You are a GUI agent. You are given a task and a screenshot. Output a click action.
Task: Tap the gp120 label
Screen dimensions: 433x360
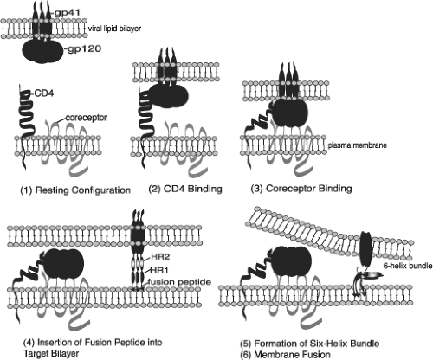click(x=84, y=48)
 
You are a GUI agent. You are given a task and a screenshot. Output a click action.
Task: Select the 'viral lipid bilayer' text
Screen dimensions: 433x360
click(x=114, y=29)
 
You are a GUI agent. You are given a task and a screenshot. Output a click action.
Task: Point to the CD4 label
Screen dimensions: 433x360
click(x=43, y=93)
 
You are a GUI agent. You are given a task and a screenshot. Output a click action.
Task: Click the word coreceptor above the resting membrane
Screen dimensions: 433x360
click(x=86, y=118)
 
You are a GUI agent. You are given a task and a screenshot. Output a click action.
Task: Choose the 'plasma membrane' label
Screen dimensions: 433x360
click(x=358, y=145)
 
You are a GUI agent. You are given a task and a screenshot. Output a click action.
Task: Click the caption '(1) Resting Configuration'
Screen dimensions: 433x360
click(x=75, y=190)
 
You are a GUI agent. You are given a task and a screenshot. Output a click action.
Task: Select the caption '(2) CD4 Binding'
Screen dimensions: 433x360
click(x=185, y=189)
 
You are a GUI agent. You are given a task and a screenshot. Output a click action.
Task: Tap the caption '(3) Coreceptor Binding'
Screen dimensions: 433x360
click(x=301, y=189)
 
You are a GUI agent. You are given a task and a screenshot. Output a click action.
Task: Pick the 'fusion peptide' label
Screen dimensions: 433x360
click(x=179, y=282)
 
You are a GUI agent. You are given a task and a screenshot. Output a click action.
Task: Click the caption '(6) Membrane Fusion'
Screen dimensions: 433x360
click(x=285, y=354)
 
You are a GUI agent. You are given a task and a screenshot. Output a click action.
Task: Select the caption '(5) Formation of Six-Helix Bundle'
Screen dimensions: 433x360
click(x=310, y=344)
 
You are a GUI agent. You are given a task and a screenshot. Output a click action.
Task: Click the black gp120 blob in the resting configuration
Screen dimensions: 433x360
click(x=42, y=51)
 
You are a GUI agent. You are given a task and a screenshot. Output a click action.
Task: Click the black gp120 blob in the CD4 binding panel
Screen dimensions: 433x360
click(x=168, y=95)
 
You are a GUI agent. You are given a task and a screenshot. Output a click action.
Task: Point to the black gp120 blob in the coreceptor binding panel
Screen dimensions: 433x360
click(x=288, y=112)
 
